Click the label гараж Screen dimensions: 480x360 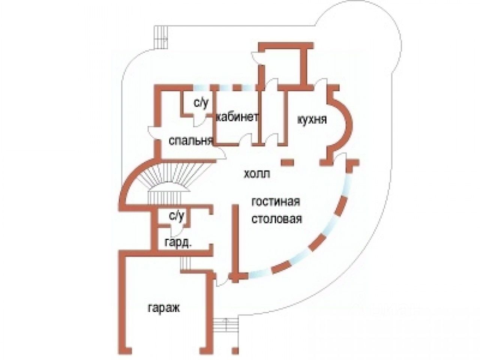[x=164, y=309]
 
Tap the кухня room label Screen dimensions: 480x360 [x=312, y=120]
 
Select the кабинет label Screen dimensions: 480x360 [x=237, y=117]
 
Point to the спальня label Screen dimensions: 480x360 [x=191, y=141]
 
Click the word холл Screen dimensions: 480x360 [x=257, y=174]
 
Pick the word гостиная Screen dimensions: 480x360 [x=276, y=201]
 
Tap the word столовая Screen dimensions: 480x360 [x=277, y=219]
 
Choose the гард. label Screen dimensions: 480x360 [x=178, y=243]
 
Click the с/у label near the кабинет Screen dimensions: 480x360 [x=201, y=103]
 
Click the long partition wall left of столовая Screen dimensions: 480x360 [x=235, y=240]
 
